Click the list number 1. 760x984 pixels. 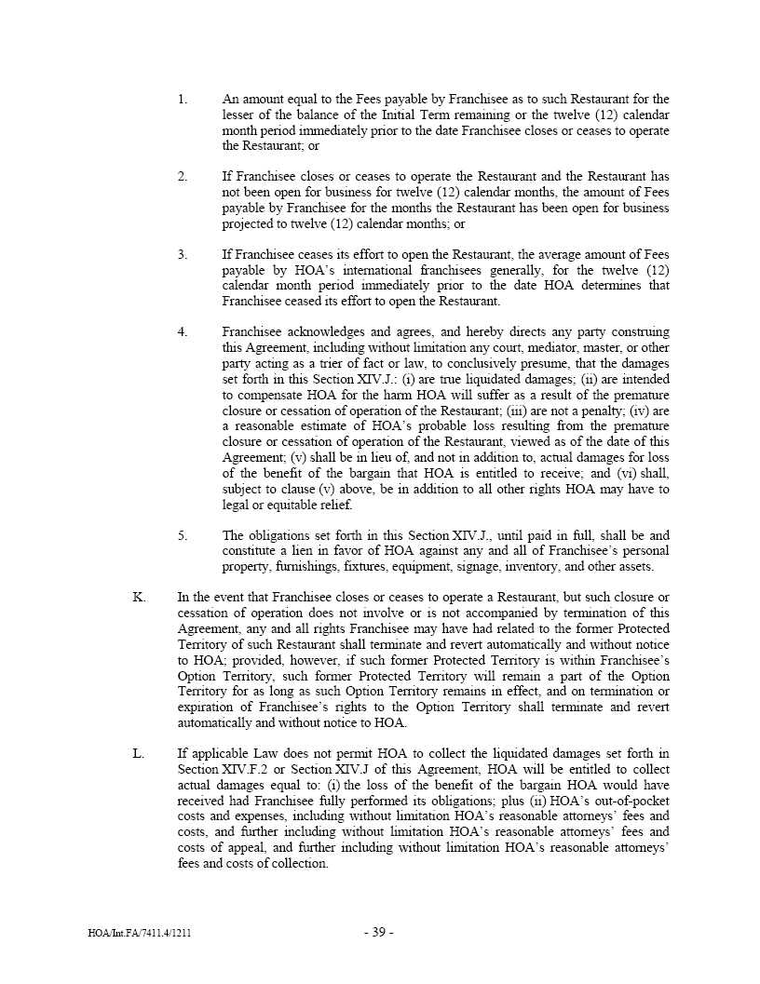pos(183,99)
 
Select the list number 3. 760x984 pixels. pos(183,254)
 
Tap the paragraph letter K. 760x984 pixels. pos(139,597)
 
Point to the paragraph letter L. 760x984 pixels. pos(139,753)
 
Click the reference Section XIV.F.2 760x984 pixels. pos(221,769)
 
